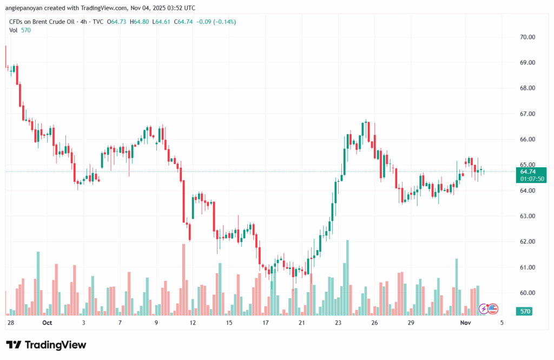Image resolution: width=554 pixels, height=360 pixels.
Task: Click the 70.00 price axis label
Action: (527, 37)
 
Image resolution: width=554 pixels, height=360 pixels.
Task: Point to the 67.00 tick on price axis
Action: (527, 114)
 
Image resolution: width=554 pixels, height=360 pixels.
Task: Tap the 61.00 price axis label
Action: (527, 267)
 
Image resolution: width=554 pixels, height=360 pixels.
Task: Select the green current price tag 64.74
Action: (527, 172)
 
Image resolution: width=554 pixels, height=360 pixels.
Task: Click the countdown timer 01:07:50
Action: (527, 179)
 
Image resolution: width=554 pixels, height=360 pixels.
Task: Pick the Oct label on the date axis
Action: (47, 323)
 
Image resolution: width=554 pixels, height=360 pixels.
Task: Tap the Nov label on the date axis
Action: (465, 323)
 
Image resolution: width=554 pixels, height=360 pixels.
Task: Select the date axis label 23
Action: (338, 323)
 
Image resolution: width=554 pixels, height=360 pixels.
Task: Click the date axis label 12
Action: (192, 323)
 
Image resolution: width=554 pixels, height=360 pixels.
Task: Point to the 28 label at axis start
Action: (10, 323)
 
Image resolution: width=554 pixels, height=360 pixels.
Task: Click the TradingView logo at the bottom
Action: (46, 345)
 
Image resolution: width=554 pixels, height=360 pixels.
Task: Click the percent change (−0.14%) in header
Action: (223, 22)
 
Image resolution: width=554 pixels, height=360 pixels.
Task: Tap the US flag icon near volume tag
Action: (493, 309)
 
